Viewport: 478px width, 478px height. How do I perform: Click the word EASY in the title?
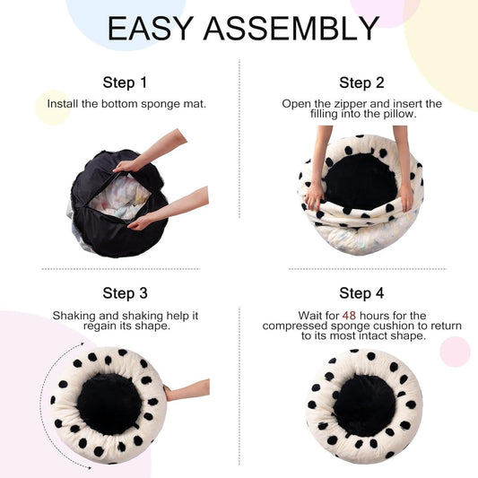[150, 29]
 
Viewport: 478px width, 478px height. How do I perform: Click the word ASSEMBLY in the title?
[290, 29]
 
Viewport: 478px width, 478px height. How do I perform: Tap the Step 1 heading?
[125, 83]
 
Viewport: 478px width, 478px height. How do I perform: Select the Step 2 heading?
[361, 83]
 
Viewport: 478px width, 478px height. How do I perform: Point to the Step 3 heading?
[125, 293]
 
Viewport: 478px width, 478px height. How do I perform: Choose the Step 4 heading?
[361, 293]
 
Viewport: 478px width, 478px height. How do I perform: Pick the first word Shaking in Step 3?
[74, 316]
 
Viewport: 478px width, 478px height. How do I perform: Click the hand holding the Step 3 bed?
[187, 391]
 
